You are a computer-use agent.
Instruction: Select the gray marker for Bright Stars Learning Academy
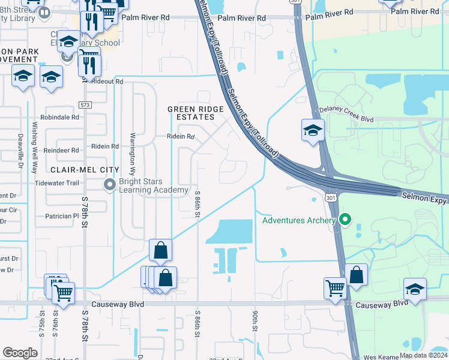click(x=110, y=184)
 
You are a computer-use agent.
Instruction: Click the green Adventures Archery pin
click(x=345, y=220)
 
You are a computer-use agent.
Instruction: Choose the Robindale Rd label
click(x=60, y=118)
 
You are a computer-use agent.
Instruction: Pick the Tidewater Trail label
click(x=57, y=183)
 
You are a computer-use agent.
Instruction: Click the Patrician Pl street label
click(x=62, y=215)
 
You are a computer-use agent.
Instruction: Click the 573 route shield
click(x=86, y=105)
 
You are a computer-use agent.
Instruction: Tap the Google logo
click(x=20, y=353)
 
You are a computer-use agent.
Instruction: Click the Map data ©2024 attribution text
click(x=423, y=355)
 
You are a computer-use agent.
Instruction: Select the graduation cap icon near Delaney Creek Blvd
click(x=313, y=130)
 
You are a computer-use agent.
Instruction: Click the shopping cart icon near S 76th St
click(x=62, y=293)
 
